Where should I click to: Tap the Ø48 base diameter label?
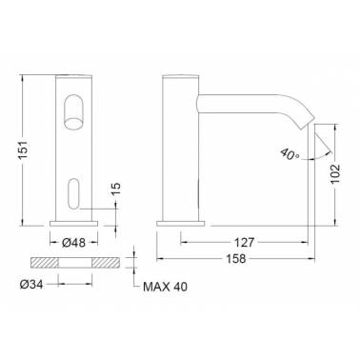click(x=73, y=243)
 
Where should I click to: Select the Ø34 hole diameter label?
click(x=31, y=285)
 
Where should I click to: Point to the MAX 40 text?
click(x=165, y=287)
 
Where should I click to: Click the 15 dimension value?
click(x=116, y=190)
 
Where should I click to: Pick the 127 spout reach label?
click(x=244, y=243)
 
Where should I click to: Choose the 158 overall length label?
click(x=236, y=259)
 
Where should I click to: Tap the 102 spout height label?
click(x=335, y=173)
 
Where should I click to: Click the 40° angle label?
click(x=290, y=154)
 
